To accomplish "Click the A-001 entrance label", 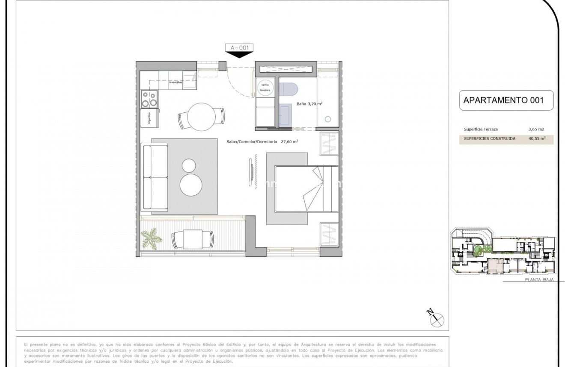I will [239, 48].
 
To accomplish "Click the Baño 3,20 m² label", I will [309, 103].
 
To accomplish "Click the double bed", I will [306, 188].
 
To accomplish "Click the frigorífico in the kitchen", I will [150, 117].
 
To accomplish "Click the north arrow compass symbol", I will [437, 317].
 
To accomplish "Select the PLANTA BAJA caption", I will [539, 280].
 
